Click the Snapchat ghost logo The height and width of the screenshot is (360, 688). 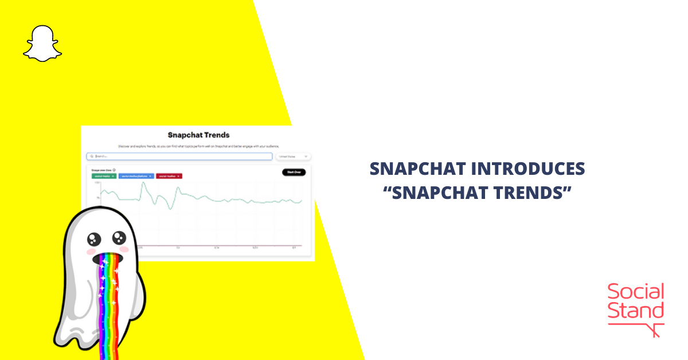tap(42, 43)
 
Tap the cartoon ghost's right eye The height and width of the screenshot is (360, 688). tap(119, 237)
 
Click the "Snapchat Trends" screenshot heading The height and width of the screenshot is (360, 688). tap(198, 135)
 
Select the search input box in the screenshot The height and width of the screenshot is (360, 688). tap(179, 156)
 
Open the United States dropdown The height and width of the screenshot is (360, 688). tap(293, 156)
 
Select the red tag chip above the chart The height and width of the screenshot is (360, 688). tap(169, 176)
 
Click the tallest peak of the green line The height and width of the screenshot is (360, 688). tap(144, 184)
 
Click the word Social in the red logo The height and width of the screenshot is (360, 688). tap(635, 292)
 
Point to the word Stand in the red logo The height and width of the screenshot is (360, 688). tap(635, 311)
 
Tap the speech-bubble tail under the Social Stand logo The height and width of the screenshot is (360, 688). tap(654, 330)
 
